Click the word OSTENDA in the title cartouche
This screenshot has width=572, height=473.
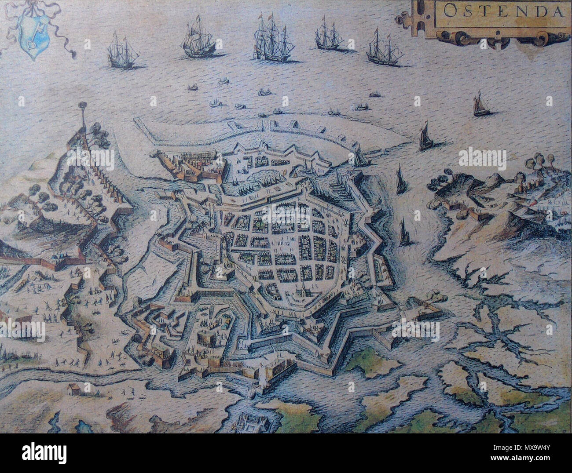click(x=502, y=11)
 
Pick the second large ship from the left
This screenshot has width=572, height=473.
click(x=198, y=42)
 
